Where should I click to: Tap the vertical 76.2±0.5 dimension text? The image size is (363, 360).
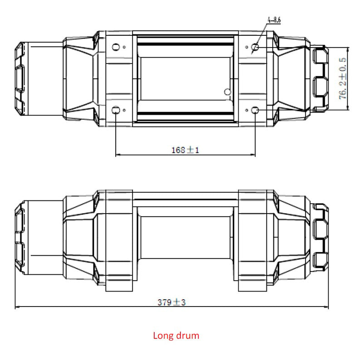pos(343,78)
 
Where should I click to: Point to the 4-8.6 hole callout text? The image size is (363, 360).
pos(275,20)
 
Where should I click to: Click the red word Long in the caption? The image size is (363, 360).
pos(163,336)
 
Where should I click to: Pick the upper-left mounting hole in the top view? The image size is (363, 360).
pos(116,47)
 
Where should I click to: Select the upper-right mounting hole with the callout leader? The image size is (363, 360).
pos(255,47)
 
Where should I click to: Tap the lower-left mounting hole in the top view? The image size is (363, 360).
pos(116,110)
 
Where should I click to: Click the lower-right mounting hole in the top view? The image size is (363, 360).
pos(255,110)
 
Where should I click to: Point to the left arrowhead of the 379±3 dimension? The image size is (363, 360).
pos(17,308)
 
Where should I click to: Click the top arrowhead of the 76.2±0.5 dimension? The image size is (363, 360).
pos(347,49)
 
